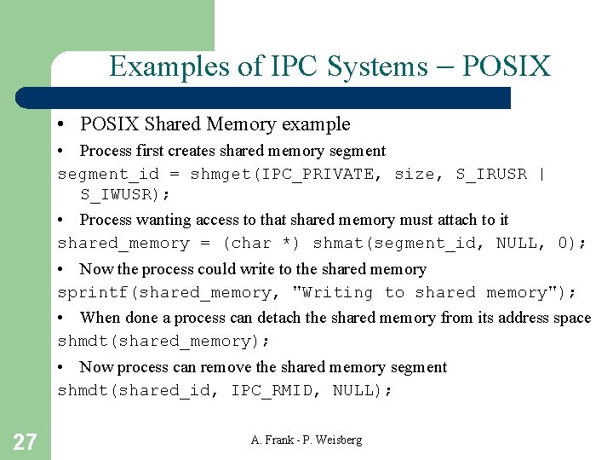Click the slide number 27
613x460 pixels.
tap(25, 441)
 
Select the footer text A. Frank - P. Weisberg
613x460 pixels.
tap(306, 440)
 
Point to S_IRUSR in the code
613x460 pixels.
tap(491, 175)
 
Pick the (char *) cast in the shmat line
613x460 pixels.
tap(261, 244)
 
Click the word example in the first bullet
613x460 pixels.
tap(316, 124)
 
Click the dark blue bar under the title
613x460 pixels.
tap(281, 98)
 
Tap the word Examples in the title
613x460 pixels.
tap(160, 66)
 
